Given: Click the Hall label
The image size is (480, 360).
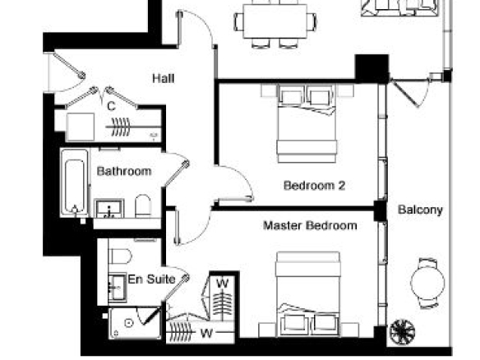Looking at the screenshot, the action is [x=164, y=79].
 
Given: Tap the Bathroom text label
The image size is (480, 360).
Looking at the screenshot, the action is [x=124, y=171].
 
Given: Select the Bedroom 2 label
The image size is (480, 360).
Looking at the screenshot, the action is [x=315, y=186].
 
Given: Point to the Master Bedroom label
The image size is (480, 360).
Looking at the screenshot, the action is [x=310, y=225].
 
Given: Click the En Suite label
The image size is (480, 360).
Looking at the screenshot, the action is [x=151, y=279].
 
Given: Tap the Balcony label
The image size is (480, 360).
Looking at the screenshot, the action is [x=420, y=210].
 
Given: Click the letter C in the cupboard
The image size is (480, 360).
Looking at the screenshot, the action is [x=111, y=107].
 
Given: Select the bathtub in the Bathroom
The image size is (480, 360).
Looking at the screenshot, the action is [x=75, y=182].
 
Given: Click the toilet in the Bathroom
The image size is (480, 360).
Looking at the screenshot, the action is [x=143, y=206].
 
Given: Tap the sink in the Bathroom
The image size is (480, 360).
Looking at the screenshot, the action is [x=109, y=209].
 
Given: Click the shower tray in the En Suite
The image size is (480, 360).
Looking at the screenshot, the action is [x=135, y=323].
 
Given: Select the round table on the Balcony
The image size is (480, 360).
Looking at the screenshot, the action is [x=427, y=283].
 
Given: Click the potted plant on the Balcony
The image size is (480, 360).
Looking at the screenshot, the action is [x=403, y=331].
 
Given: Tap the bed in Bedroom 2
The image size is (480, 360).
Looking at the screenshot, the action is [x=307, y=123].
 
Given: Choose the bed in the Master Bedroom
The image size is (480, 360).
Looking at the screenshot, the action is [x=307, y=294].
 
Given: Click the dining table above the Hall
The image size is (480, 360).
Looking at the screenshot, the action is [x=275, y=21].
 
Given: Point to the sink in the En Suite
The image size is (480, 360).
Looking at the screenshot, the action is [x=118, y=288].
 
